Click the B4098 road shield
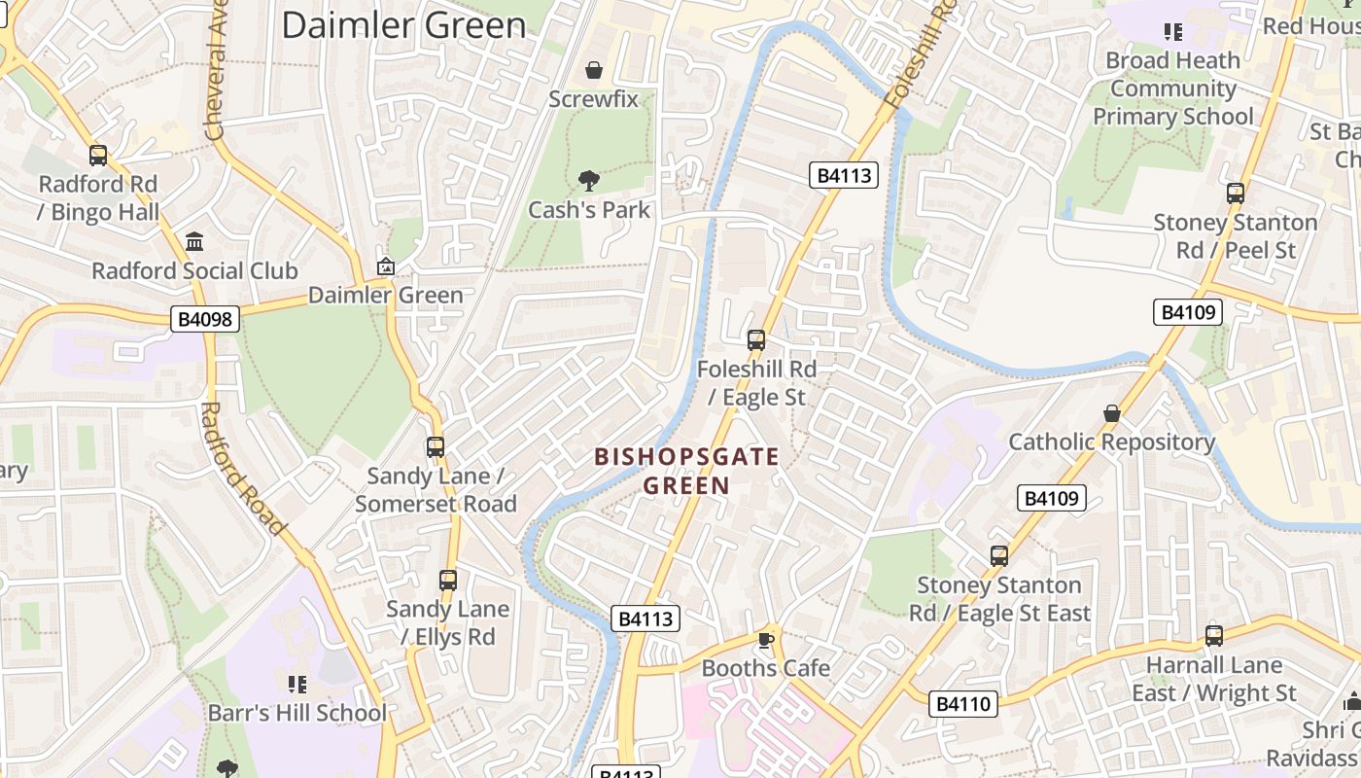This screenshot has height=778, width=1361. pos(204,319)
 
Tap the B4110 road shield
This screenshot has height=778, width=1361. pos(963,704)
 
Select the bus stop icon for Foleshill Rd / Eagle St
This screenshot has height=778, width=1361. pos(756,340)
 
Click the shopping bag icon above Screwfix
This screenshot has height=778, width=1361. pos(593,70)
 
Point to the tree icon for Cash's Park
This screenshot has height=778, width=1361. pos(588,180)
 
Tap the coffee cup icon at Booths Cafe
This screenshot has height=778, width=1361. pos(765,639)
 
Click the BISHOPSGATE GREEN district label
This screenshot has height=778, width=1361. pos(686,471)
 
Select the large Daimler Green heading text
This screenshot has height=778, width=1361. pos(403,25)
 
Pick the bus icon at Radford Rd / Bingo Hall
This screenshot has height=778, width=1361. pos(98,156)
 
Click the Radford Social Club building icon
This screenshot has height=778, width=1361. pos(194,241)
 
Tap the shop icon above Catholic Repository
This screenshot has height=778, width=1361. pos(1112,413)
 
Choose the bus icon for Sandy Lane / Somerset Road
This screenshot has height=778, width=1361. pos(436,447)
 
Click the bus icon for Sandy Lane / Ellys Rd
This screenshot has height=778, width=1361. pos(448,581)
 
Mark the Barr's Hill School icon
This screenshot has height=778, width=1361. pos(297,684)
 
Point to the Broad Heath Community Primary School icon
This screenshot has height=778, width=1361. pos(1173,32)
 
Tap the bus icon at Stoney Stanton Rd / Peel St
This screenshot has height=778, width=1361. pos(1235,194)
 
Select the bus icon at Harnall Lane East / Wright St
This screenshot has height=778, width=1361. pos(1214,636)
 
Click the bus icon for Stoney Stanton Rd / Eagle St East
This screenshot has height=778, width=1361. pos(999,556)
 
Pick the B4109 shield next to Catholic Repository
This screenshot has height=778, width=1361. pos(1051,498)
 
